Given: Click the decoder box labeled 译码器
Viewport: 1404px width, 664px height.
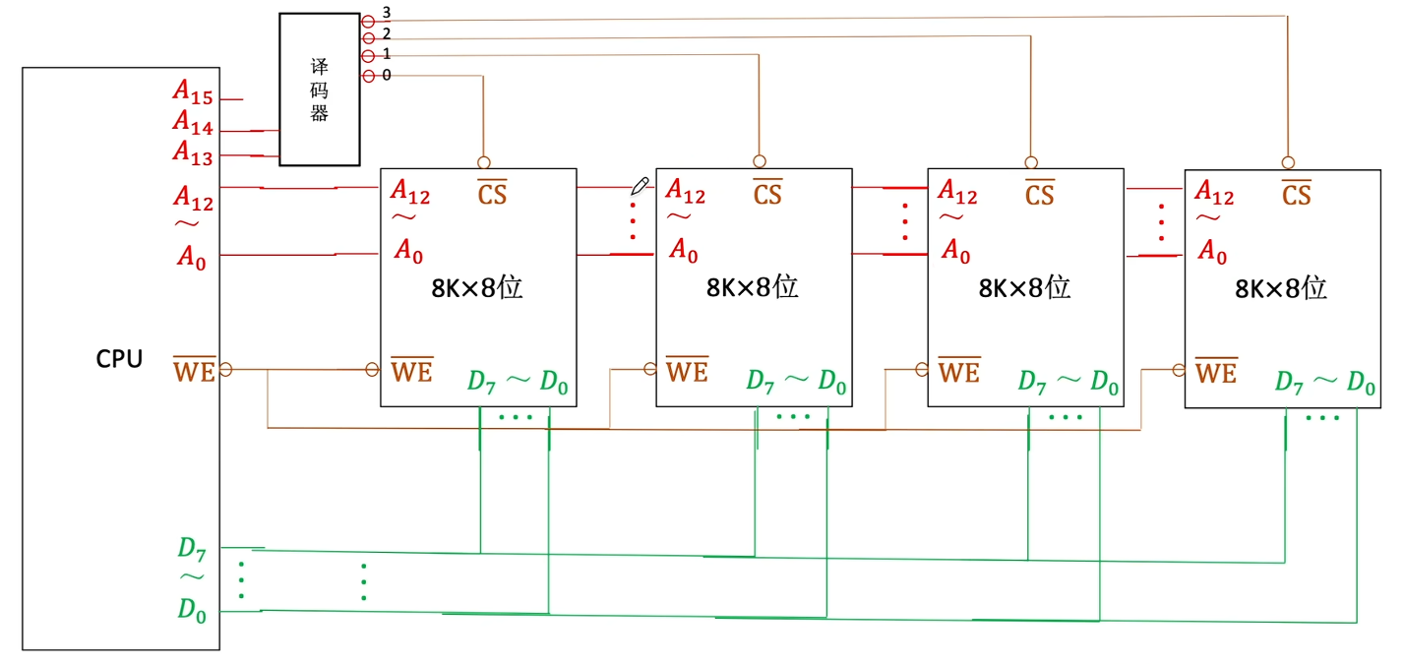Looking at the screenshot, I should (x=319, y=89).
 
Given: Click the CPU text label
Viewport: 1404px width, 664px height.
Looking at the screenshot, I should (x=119, y=359).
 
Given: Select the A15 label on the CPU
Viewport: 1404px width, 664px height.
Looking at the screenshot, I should (x=193, y=92).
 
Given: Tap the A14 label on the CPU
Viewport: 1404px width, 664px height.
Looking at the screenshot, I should (x=193, y=123).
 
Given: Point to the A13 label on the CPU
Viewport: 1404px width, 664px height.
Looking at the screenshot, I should (x=193, y=152).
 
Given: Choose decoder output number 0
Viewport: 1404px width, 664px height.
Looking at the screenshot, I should (x=386, y=76).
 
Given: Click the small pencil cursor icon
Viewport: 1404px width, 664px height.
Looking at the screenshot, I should (x=640, y=185).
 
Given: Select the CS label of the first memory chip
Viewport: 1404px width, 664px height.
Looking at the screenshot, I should (x=492, y=194).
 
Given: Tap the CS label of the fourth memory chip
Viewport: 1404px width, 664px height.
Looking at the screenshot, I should (x=1297, y=194).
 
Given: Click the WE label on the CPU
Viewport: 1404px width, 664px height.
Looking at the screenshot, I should (x=194, y=372).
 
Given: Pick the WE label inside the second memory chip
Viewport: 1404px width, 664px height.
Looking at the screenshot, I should (x=687, y=372).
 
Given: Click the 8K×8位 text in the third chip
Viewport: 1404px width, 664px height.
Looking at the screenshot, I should (x=1024, y=287).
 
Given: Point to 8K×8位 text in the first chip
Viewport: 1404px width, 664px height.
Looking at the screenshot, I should (x=476, y=287).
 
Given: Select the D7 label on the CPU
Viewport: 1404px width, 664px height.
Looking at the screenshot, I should (x=193, y=548).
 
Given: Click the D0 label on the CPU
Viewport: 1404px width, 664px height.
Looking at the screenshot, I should (x=193, y=610).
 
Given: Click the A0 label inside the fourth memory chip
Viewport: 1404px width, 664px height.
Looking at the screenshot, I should (x=1212, y=253).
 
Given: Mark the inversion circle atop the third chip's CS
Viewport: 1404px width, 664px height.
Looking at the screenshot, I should (x=1031, y=162).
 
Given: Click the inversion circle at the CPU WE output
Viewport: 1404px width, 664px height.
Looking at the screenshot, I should (x=225, y=370).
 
